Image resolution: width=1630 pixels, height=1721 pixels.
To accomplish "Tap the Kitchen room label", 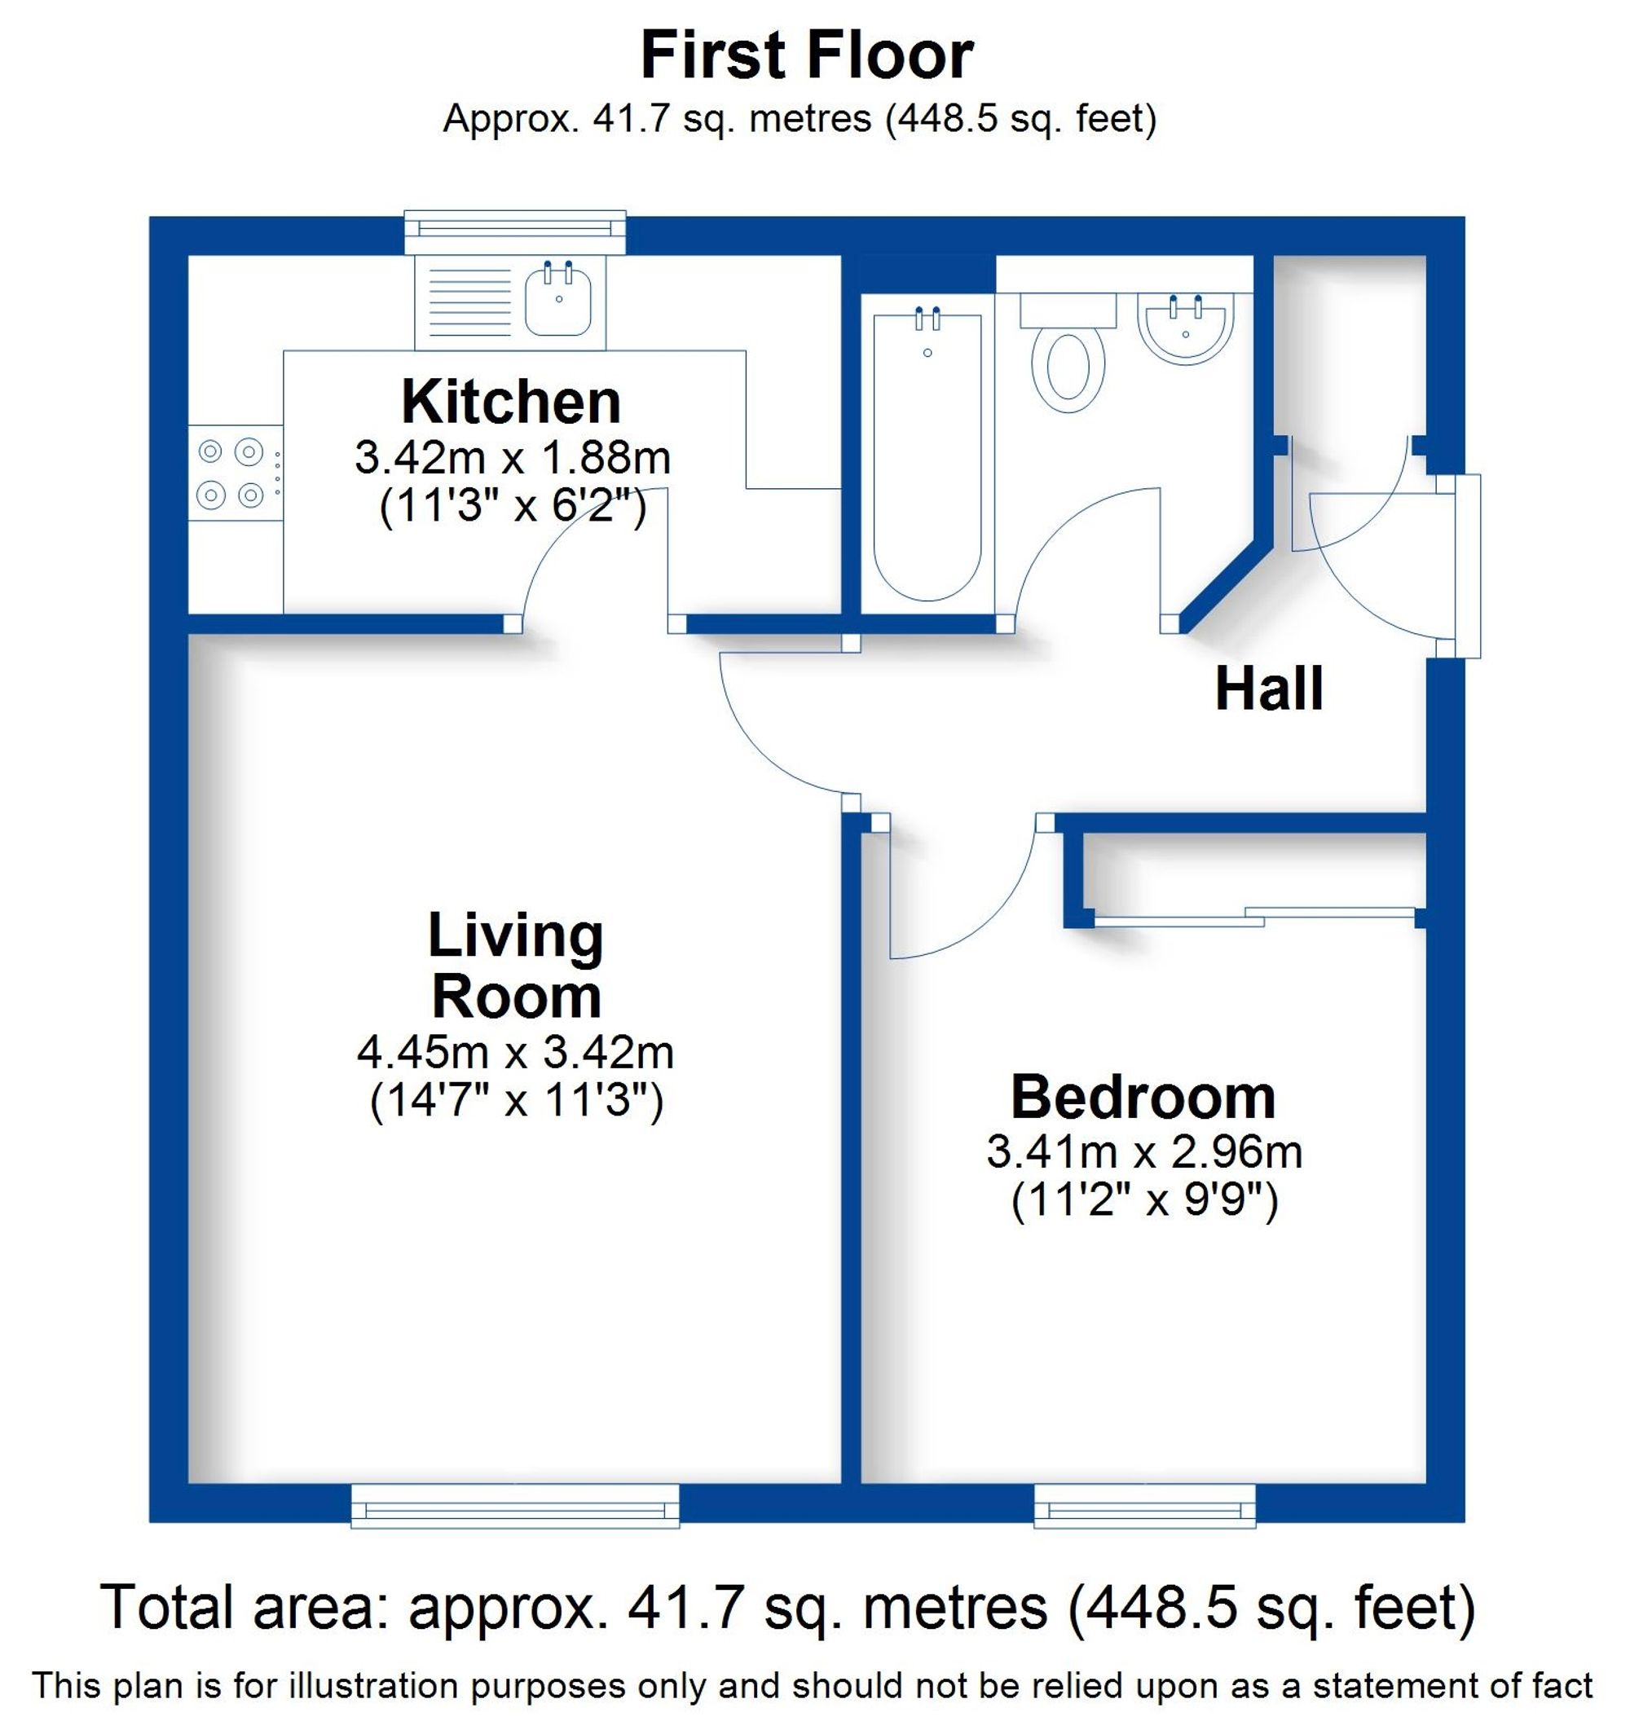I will click(511, 403).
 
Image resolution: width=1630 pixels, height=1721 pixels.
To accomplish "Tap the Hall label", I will click(1269, 690).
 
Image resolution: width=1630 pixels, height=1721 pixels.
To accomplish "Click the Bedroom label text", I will click(1143, 1098).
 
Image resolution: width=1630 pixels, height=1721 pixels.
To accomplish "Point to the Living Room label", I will click(516, 966).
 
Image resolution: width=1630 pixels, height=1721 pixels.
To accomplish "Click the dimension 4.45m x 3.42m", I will click(515, 1053).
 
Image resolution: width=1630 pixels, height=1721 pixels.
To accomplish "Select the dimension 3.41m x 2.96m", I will click(1143, 1153).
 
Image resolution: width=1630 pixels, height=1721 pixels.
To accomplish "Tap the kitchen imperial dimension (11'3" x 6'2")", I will click(513, 505).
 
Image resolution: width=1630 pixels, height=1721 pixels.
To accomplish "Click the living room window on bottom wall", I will click(514, 1506).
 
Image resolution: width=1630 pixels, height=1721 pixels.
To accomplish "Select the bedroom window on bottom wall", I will click(1143, 1506).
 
